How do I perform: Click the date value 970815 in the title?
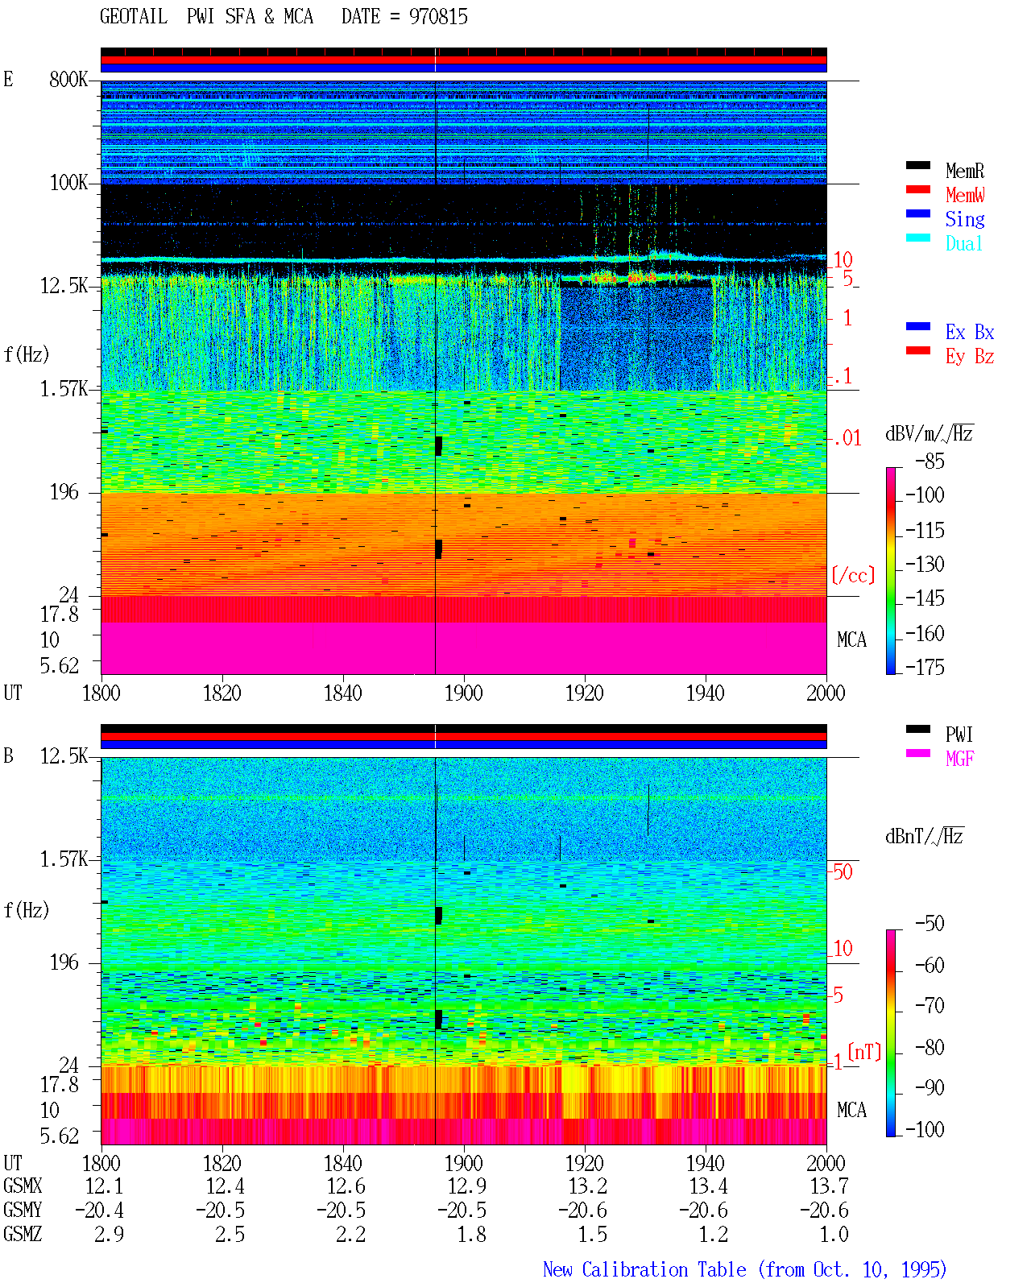coord(438,17)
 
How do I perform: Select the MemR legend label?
coord(965,171)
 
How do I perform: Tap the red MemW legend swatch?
coord(917,189)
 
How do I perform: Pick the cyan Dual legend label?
coord(963,243)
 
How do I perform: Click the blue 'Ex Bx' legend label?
coord(970,332)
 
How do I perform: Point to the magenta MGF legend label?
coord(959,759)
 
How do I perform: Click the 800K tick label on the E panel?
coord(68,79)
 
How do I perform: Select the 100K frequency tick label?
coord(68,183)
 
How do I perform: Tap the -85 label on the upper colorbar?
coord(929,461)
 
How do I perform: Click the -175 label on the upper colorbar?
coord(925,667)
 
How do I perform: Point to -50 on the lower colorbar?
coord(929,924)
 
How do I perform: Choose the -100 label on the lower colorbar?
coord(925,1129)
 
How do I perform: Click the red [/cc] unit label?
coord(853,575)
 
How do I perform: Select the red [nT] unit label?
coord(864,1051)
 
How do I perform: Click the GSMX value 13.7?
coord(829,1186)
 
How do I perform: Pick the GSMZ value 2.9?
coord(109,1234)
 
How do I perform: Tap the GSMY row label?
coord(23,1210)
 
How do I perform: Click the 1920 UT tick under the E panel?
coord(585,693)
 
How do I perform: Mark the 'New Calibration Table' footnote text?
coord(644,1269)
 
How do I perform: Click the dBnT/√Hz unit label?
coord(924,837)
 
